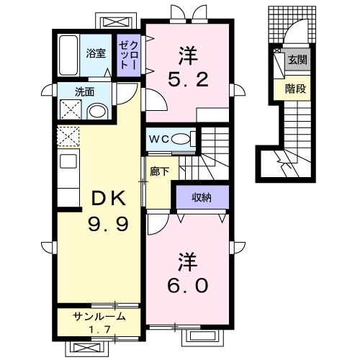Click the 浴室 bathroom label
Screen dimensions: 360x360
pos(96,54)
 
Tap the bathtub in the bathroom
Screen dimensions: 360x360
pos(68,55)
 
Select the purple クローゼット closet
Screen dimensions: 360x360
pos(129,55)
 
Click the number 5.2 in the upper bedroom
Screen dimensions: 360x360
pos(188,79)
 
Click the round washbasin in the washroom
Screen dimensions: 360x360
pos(97,112)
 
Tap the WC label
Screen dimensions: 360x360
pos(160,139)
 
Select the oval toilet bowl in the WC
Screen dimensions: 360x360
pos(181,139)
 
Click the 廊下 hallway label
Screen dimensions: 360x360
pos(160,171)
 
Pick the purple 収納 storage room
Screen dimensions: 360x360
pos(202,197)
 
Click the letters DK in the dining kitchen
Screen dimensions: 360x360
pos(109,198)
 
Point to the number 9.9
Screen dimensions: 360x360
pos(109,224)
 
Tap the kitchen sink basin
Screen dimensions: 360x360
pos(68,161)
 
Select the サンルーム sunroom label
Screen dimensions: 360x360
pos(99,317)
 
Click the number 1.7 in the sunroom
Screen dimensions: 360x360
pos(100,330)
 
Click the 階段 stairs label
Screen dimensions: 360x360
pos(295,89)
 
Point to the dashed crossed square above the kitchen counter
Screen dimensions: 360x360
pos(68,136)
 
